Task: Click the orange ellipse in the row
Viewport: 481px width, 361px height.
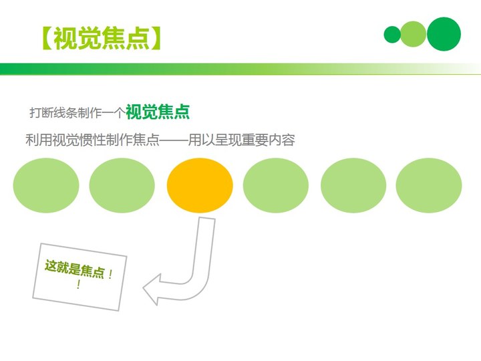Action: (x=200, y=185)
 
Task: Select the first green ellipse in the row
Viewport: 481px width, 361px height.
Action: (x=46, y=185)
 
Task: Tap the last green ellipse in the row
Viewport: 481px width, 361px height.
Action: (x=428, y=185)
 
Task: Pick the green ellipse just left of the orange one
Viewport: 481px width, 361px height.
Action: (x=122, y=185)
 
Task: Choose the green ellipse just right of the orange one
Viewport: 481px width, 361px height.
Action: (x=276, y=185)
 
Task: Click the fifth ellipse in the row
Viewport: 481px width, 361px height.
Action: (x=353, y=185)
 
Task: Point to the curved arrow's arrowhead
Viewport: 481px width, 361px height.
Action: (x=152, y=289)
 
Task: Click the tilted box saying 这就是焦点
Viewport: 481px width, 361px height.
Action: (x=79, y=277)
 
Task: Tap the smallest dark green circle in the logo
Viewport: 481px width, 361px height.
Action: (x=392, y=34)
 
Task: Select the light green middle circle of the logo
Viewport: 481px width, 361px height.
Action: (x=414, y=34)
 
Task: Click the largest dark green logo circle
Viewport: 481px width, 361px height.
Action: (x=444, y=34)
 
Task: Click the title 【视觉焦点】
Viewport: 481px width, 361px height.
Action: (x=102, y=38)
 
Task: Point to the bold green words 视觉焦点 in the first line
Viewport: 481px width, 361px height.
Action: (x=158, y=112)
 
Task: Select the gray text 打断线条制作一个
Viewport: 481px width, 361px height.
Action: (x=77, y=113)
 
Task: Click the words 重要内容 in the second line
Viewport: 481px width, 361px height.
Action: (x=268, y=140)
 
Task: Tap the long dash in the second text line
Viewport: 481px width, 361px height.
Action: (x=174, y=140)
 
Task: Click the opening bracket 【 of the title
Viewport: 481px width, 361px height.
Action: (x=47, y=38)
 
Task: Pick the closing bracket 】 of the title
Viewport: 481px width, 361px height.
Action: (x=155, y=38)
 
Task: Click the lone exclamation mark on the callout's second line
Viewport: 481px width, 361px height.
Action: (x=78, y=285)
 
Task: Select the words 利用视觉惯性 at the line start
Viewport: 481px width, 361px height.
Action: (x=65, y=140)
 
